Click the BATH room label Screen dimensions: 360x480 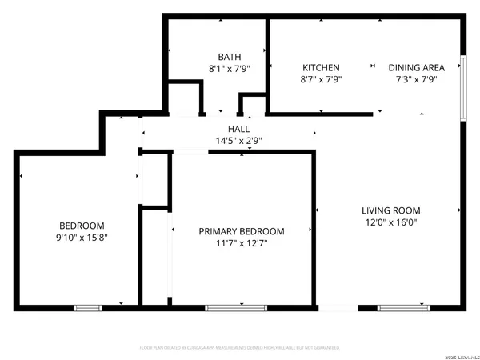(x=229, y=57)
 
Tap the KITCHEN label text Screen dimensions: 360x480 (x=321, y=68)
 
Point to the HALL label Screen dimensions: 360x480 (x=238, y=129)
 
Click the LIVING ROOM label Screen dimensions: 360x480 (x=390, y=210)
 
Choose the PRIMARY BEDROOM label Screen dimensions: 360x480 (x=242, y=232)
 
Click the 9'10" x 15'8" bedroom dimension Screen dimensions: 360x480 (x=82, y=238)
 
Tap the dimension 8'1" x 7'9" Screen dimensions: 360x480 (x=229, y=69)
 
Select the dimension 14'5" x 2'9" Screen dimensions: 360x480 (x=238, y=141)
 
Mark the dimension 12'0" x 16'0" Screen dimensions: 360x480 (x=390, y=222)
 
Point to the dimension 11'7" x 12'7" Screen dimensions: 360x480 (x=242, y=244)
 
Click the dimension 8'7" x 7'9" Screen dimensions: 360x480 (x=321, y=80)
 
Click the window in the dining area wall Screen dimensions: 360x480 (x=463, y=79)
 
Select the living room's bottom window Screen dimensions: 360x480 (x=398, y=307)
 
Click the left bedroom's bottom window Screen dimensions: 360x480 (x=88, y=307)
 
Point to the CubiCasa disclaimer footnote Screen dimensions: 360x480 (x=239, y=348)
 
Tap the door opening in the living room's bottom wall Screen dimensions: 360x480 (x=337, y=307)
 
